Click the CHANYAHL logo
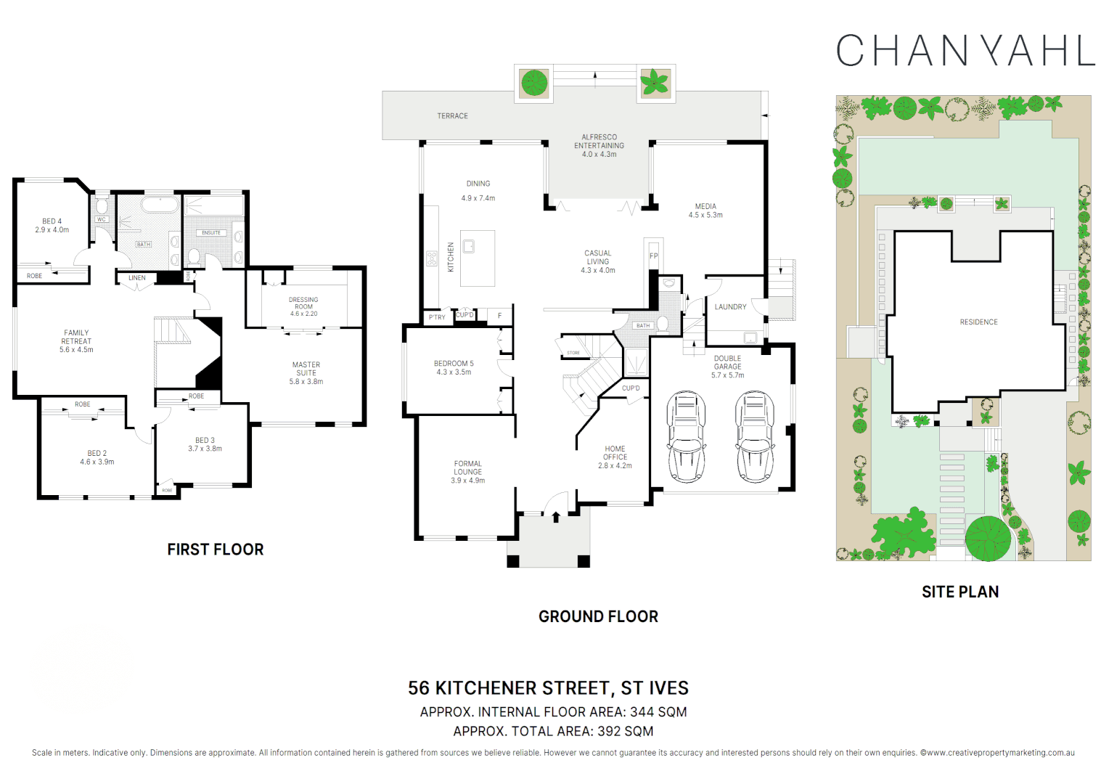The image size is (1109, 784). tap(965, 51)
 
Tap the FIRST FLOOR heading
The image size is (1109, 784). tap(216, 550)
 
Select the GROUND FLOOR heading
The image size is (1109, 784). tap(598, 616)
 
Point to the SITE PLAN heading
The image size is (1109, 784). tap(959, 592)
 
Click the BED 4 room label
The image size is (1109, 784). tap(52, 225)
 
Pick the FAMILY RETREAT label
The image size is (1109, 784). tap(76, 341)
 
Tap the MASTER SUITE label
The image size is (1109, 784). tap(306, 373)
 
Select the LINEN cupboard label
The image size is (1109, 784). tap(137, 278)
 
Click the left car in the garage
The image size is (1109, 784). tap(686, 436)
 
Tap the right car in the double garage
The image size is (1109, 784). tap(755, 436)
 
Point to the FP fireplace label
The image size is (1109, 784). tap(653, 256)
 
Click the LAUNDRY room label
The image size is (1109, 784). tap(730, 307)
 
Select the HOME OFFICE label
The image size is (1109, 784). tap(615, 457)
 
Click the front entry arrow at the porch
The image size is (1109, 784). tap(556, 517)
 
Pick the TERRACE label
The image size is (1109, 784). tap(452, 116)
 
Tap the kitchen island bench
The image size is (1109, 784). tap(478, 258)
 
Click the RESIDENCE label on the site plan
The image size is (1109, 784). tap(978, 322)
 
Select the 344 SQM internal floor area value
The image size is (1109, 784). tap(658, 712)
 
